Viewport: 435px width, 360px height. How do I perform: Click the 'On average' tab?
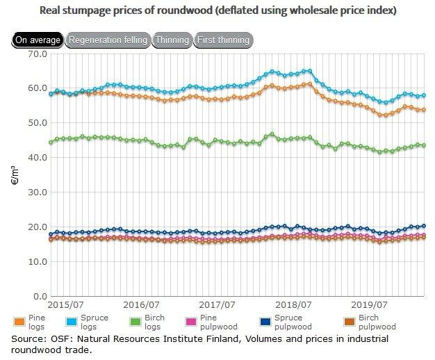click(37, 40)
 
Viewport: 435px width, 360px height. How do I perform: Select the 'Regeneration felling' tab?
click(108, 40)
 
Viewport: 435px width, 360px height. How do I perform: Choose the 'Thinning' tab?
click(172, 40)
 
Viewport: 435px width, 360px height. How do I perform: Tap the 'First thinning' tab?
click(222, 40)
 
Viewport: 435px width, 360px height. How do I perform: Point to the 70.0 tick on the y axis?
click(36, 54)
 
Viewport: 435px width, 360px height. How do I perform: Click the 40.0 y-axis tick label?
click(36, 158)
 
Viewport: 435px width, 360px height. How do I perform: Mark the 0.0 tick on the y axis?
click(39, 296)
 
